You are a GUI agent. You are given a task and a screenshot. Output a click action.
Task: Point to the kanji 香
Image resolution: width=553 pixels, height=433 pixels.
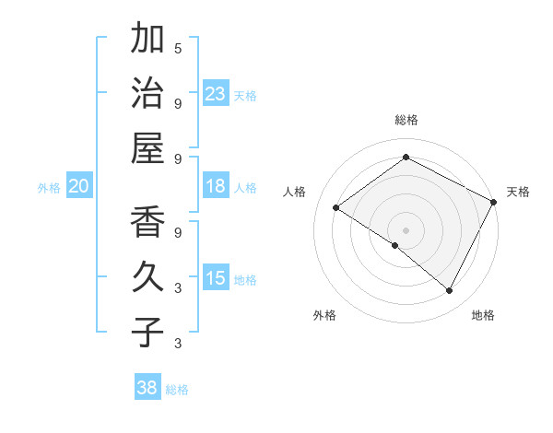[x=147, y=223]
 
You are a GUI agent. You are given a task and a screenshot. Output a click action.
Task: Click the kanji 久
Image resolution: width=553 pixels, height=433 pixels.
[x=147, y=277]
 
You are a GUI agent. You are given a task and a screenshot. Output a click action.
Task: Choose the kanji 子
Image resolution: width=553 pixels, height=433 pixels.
[x=147, y=332]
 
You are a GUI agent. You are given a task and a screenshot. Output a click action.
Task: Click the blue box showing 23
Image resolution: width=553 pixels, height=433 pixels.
[x=216, y=93]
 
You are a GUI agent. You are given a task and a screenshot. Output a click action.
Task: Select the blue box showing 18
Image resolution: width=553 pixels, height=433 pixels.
[x=216, y=186]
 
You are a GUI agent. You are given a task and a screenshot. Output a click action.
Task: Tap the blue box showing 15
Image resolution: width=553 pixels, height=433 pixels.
[x=216, y=278]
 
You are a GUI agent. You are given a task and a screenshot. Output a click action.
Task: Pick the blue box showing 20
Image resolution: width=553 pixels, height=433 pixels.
[x=79, y=186]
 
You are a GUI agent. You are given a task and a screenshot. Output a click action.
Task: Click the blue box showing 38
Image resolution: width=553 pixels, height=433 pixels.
[x=147, y=388]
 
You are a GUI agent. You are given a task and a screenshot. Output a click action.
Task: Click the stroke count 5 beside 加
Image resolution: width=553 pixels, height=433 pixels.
[x=178, y=48]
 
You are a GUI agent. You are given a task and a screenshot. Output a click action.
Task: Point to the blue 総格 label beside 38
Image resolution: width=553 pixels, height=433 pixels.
[x=178, y=390]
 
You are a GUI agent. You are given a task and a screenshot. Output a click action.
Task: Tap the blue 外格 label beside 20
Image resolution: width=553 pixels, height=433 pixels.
[x=49, y=188]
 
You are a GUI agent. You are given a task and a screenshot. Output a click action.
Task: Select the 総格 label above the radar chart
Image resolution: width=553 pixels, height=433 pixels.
[x=406, y=121]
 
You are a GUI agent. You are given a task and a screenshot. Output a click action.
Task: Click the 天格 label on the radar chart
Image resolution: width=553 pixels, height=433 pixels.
[x=518, y=192]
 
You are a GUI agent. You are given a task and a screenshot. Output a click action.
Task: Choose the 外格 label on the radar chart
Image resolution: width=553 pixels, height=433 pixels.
[x=324, y=315]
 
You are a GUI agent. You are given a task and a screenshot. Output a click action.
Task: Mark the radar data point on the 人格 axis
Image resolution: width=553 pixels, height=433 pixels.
[x=335, y=207]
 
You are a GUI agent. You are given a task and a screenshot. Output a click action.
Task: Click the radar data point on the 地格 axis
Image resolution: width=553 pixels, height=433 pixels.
[x=449, y=291]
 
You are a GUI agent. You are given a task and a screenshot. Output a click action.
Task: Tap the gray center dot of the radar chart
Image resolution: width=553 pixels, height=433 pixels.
[x=406, y=229]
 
